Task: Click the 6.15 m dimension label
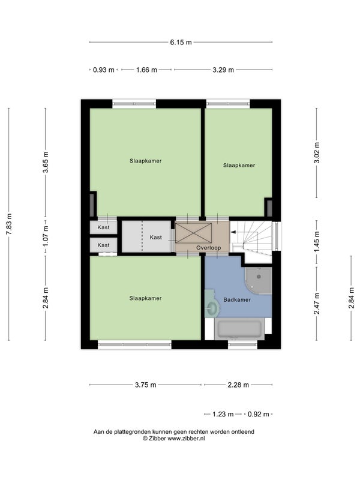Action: (x=181, y=42)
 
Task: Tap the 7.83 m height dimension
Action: (x=9, y=224)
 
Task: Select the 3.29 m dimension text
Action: (x=223, y=70)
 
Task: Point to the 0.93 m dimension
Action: (x=103, y=70)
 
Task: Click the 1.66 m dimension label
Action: (x=146, y=70)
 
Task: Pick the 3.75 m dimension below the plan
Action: (x=146, y=385)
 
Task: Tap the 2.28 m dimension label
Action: (x=238, y=385)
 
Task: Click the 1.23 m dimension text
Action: (x=223, y=414)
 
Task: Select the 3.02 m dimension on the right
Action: (x=317, y=153)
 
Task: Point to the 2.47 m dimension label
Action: (x=317, y=304)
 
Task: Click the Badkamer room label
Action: (x=237, y=299)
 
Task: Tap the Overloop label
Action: (x=208, y=248)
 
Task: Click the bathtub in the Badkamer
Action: (x=239, y=329)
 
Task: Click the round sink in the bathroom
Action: (x=212, y=307)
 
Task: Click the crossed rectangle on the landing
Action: (x=193, y=233)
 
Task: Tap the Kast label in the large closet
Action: (x=156, y=237)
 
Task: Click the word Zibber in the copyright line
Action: (x=157, y=439)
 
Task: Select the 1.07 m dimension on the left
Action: (x=46, y=236)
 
